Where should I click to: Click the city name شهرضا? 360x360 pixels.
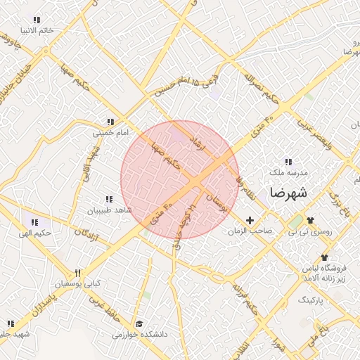(288, 192)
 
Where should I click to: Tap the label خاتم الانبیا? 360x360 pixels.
(37, 30)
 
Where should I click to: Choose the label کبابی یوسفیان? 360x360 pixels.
(79, 284)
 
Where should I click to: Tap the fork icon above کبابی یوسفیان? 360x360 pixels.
(78, 274)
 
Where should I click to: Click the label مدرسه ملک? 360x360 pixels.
(288, 172)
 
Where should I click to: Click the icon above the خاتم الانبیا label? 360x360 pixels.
(37, 20)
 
